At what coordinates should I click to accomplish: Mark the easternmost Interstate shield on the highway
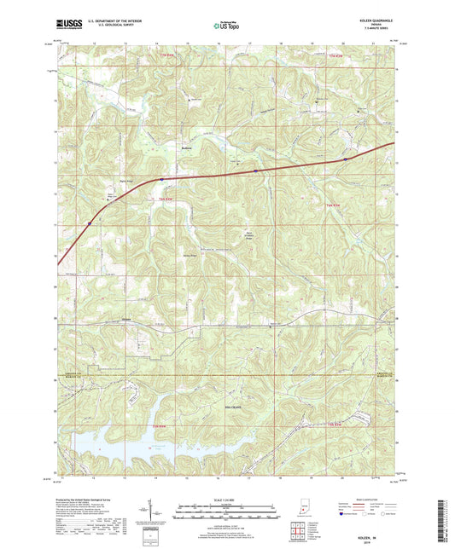345,158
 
